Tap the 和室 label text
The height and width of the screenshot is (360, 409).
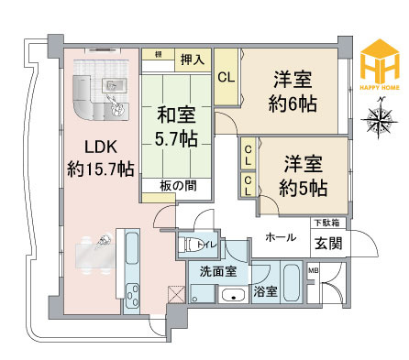(175, 116)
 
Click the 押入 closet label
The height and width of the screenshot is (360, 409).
(192, 58)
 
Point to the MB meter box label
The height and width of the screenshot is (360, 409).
(313, 269)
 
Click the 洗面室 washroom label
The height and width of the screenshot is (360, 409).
(217, 270)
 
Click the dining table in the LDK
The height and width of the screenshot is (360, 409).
(92, 251)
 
